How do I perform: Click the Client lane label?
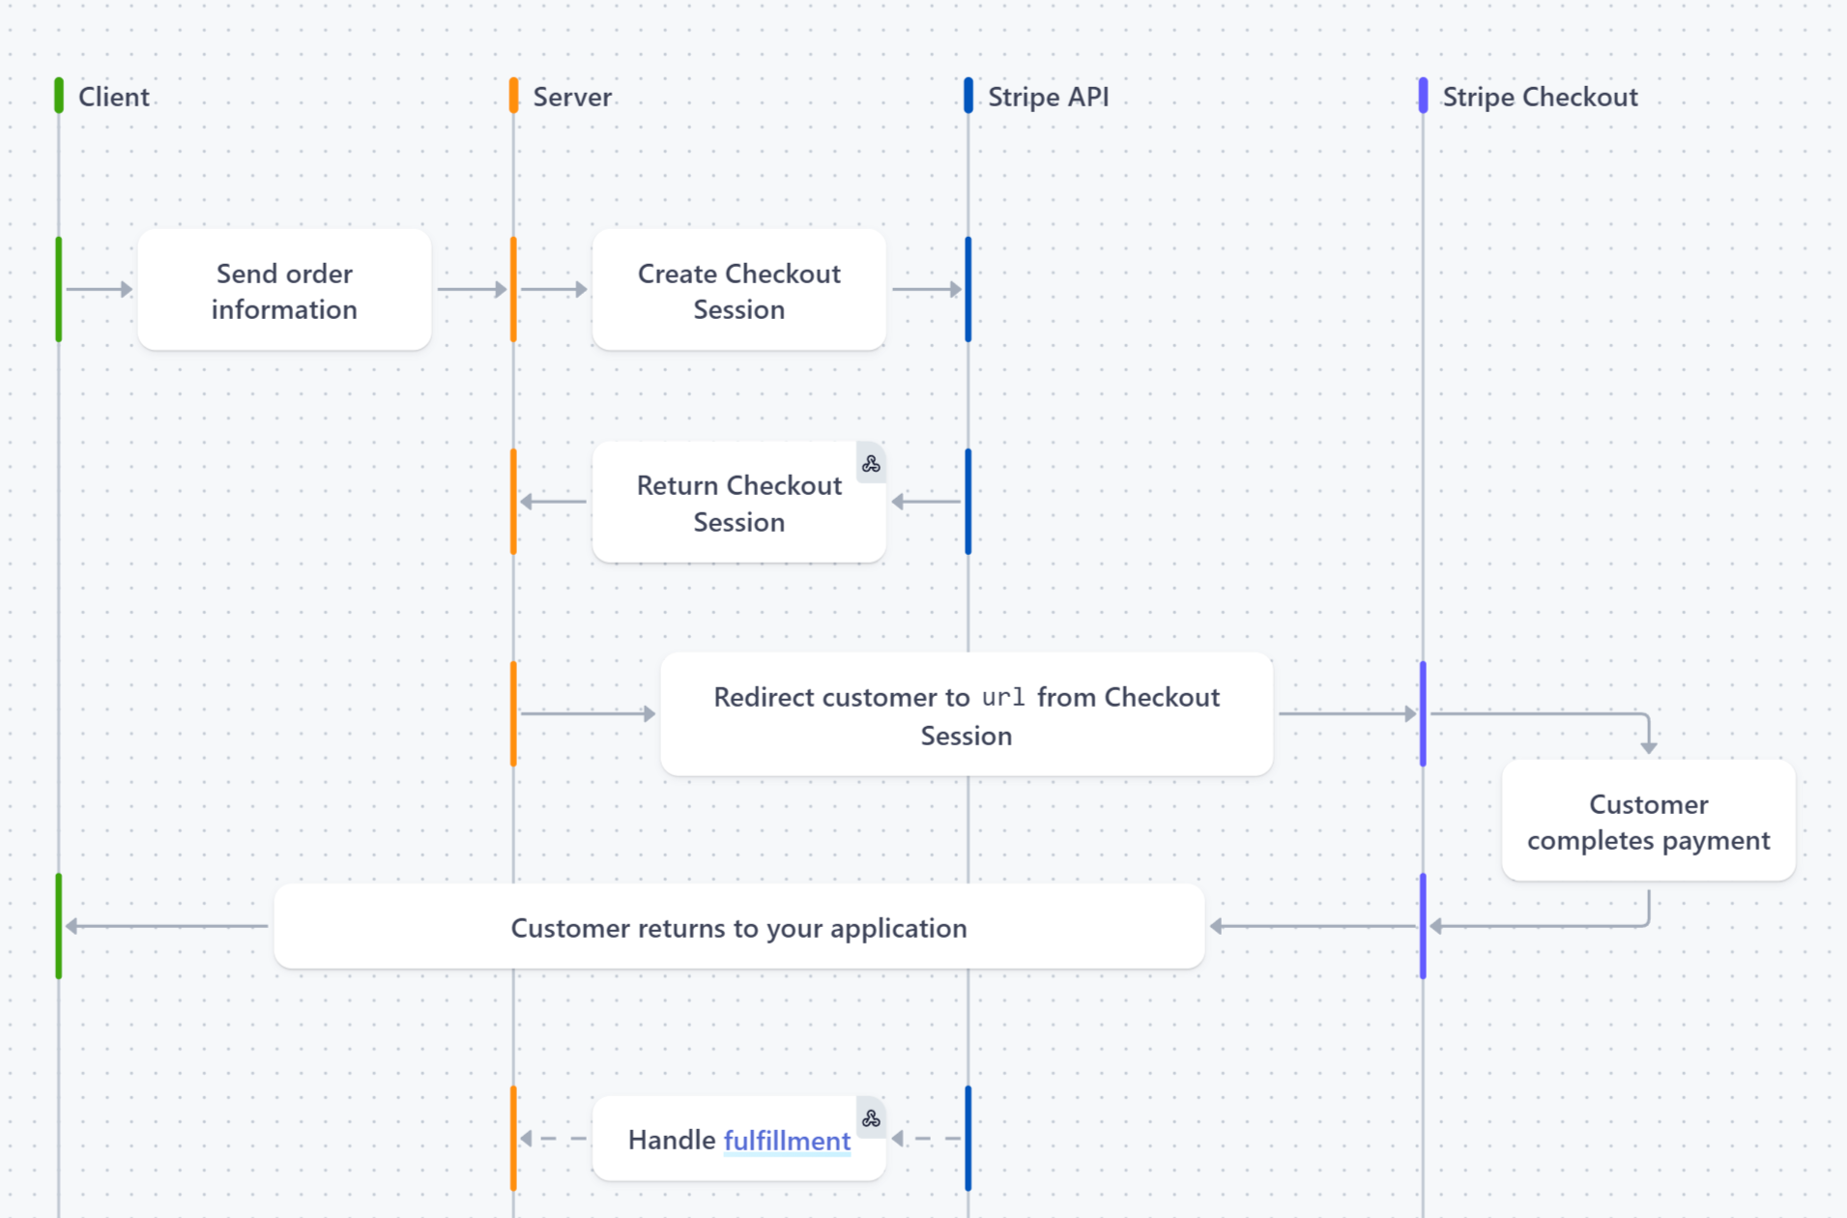point(113,97)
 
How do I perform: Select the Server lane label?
point(572,97)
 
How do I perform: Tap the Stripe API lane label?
point(1048,97)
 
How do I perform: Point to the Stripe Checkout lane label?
point(1540,97)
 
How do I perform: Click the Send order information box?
point(284,290)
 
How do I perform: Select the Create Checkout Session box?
point(738,290)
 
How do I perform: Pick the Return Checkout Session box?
point(738,503)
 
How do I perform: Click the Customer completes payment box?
point(1648,822)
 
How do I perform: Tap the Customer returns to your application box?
point(738,927)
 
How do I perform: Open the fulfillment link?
point(787,1141)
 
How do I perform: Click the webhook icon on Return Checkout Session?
point(871,464)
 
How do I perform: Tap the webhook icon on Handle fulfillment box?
point(871,1118)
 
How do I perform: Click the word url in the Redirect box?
point(1003,697)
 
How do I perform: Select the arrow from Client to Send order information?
point(99,289)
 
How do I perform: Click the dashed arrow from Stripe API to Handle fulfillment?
point(926,1139)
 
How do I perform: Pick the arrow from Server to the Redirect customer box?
point(588,713)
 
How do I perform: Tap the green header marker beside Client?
point(59,96)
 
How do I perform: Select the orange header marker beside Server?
point(513,96)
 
